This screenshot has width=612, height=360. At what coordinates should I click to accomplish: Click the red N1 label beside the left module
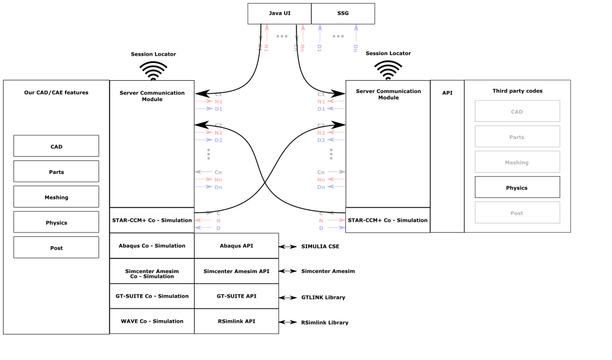click(218, 101)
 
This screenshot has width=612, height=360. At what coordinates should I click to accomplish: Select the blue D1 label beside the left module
click(218, 109)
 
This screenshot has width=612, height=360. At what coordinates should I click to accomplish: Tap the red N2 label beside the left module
click(218, 132)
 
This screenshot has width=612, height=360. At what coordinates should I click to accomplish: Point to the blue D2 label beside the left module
click(218, 140)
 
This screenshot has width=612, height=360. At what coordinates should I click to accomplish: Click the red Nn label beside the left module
click(218, 179)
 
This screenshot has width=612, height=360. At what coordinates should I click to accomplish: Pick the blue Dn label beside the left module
click(218, 187)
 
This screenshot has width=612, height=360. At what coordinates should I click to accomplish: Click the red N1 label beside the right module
click(321, 101)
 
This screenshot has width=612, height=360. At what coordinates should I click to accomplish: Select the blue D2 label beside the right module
click(321, 140)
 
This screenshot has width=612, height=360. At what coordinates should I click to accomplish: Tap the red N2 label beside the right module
click(321, 132)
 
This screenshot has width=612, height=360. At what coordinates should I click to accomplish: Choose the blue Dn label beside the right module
click(321, 187)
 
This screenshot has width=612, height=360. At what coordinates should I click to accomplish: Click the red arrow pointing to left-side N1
click(204, 101)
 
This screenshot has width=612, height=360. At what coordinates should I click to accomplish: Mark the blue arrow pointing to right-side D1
click(336, 108)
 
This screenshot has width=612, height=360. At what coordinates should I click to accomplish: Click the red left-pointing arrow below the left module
click(203, 220)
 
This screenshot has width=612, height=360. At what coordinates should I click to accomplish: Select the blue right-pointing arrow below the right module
click(336, 228)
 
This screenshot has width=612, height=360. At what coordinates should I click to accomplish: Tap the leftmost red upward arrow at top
click(267, 34)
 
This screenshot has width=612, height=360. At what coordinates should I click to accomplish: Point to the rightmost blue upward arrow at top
click(356, 34)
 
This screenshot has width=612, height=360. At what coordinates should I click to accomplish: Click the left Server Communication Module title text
click(152, 96)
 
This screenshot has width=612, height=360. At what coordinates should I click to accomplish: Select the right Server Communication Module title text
click(388, 94)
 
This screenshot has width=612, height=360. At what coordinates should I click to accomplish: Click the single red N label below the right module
click(321, 220)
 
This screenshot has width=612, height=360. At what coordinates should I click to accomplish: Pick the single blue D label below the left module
click(218, 228)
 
